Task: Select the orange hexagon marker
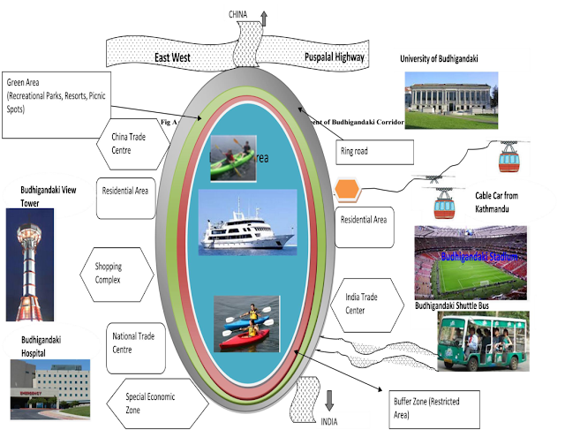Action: (349, 190)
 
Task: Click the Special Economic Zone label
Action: (149, 403)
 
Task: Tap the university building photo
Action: (450, 94)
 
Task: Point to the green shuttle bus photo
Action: (483, 341)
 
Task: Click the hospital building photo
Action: (49, 388)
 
